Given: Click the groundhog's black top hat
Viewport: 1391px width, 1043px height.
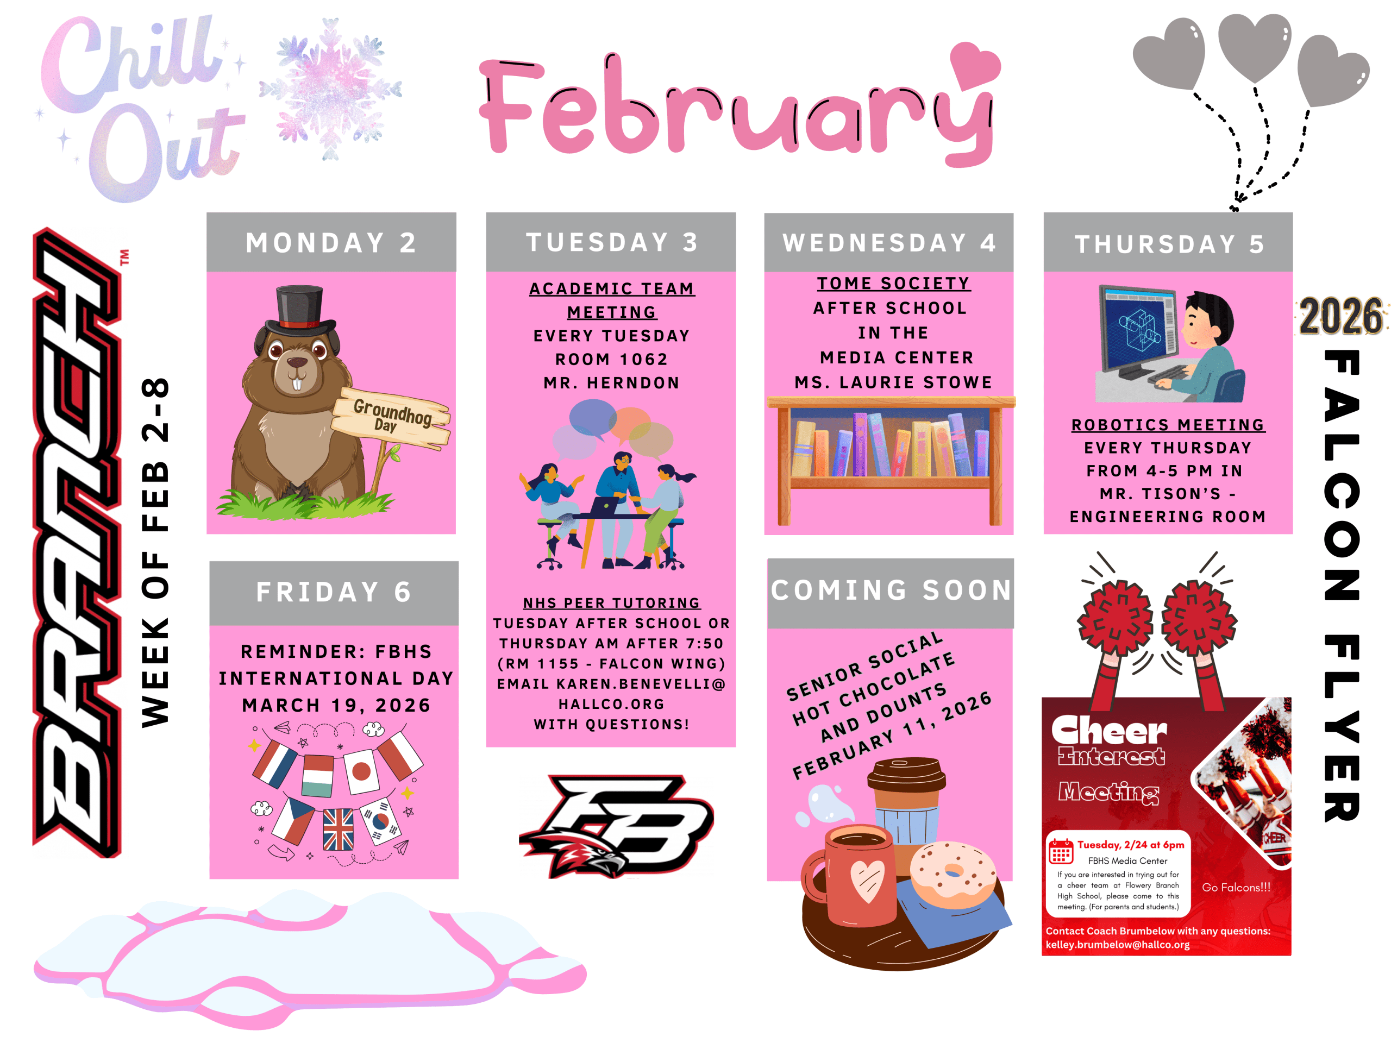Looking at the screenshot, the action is coord(299,311).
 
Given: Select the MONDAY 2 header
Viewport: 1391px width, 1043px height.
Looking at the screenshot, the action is coord(331,243).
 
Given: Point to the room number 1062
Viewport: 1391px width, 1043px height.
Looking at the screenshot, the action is coord(643,360).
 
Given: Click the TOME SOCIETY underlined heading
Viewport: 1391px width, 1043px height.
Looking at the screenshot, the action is coord(894,284).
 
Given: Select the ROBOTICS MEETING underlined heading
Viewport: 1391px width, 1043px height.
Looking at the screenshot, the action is coord(1168,425).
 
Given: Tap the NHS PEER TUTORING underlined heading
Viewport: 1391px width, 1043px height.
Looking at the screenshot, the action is coord(612,603).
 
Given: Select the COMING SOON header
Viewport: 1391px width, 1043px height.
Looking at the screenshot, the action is coord(891,591).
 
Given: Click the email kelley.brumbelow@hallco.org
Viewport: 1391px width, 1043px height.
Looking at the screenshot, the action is coord(1118,945).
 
